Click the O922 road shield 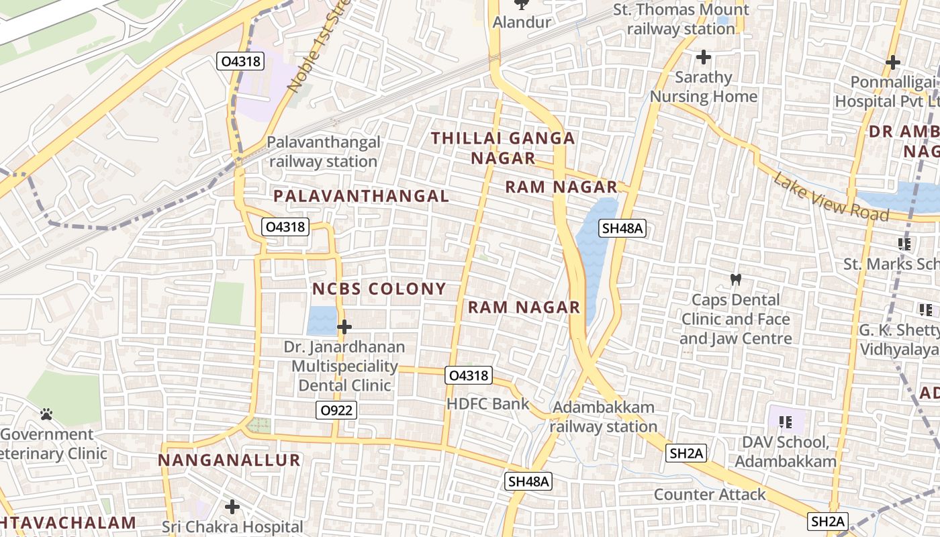click(x=337, y=410)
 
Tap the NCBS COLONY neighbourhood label click(x=379, y=289)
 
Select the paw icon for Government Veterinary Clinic click(x=46, y=414)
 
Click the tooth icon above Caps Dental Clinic click(x=736, y=279)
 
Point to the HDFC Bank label click(x=488, y=404)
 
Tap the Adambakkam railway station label click(x=604, y=417)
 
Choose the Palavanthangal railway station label click(x=323, y=152)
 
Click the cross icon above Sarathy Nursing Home click(x=703, y=57)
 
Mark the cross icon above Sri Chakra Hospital click(x=232, y=506)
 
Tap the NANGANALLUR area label click(x=229, y=460)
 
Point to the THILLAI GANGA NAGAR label click(x=503, y=148)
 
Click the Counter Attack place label click(x=710, y=495)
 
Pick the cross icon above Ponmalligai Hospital click(x=892, y=62)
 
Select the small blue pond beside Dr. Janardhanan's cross click(x=321, y=321)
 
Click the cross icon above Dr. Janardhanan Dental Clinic click(x=344, y=327)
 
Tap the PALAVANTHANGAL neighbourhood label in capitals click(x=361, y=196)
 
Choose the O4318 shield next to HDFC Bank click(x=469, y=375)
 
